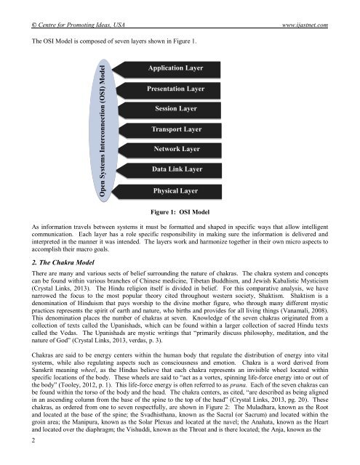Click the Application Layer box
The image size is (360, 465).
point(175,68)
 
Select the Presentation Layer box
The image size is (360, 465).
point(175,89)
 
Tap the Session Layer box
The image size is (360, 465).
point(175,109)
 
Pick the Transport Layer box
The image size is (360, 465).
point(175,129)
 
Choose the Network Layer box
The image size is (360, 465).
point(175,149)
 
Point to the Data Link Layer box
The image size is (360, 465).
point(175,169)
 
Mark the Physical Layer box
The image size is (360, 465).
point(175,190)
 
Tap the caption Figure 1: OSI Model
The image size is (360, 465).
point(180,211)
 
